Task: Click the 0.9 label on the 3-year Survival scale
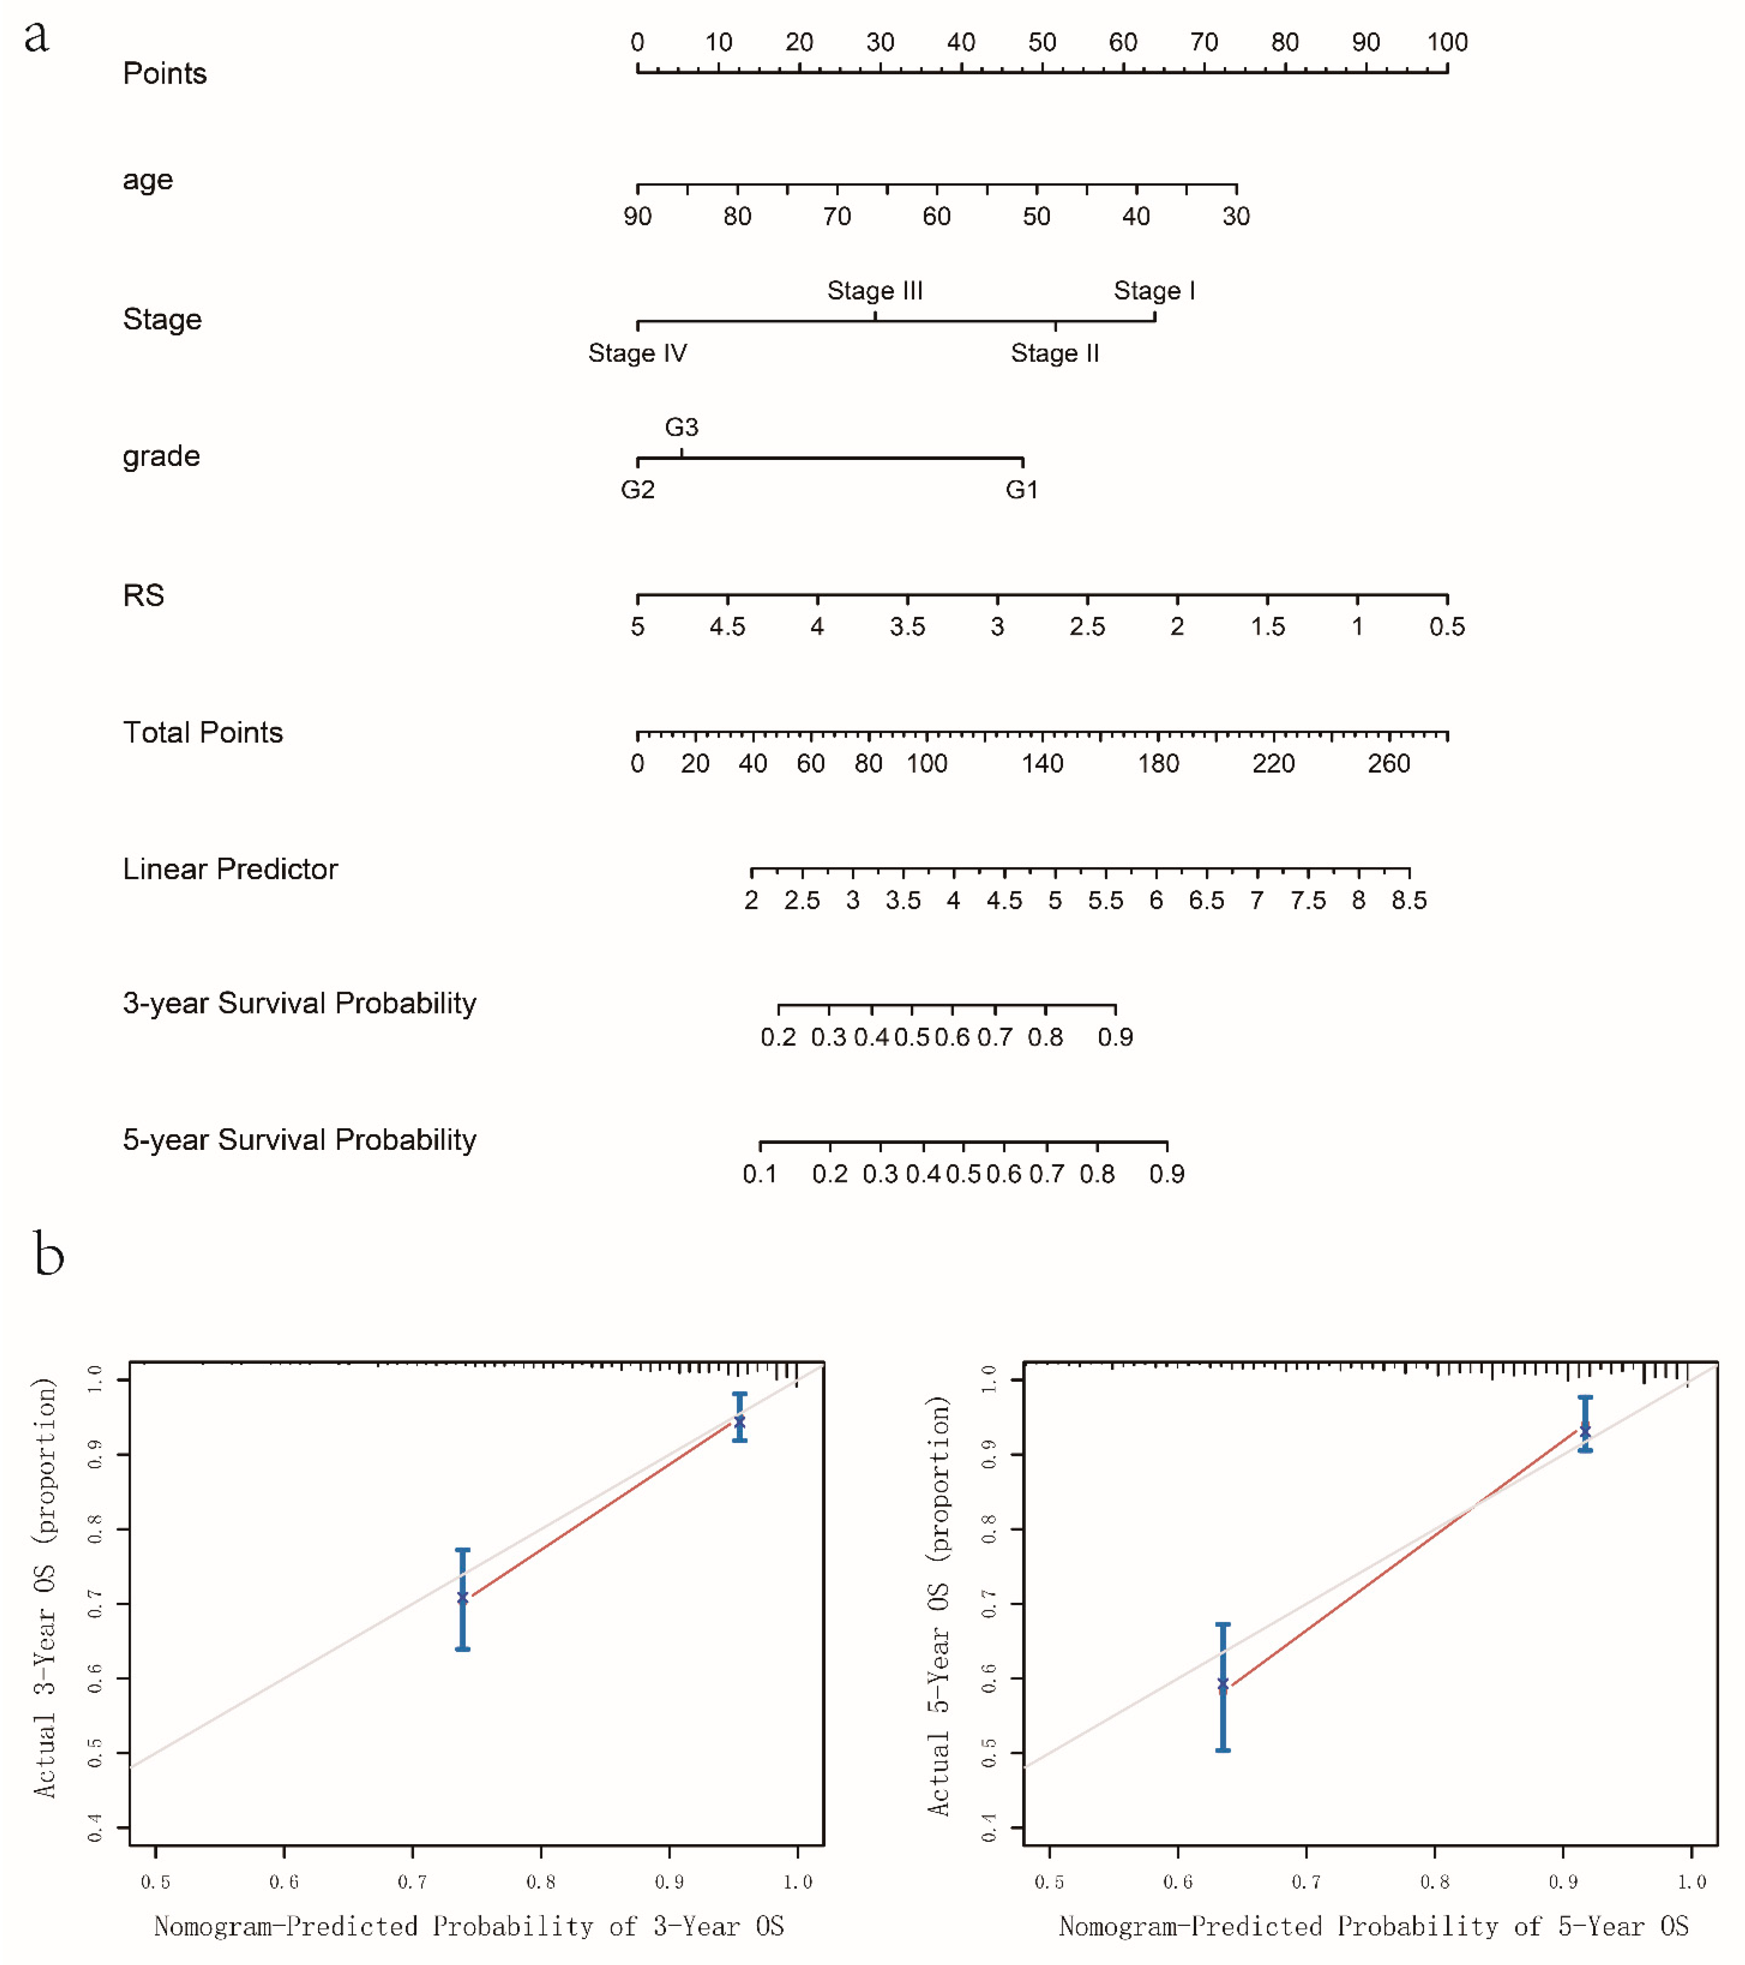pyautogui.click(x=1115, y=1037)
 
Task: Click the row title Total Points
pyautogui.click(x=203, y=732)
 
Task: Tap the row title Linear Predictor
pyautogui.click(x=230, y=869)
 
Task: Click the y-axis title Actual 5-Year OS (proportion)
pyautogui.click(x=938, y=1605)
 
